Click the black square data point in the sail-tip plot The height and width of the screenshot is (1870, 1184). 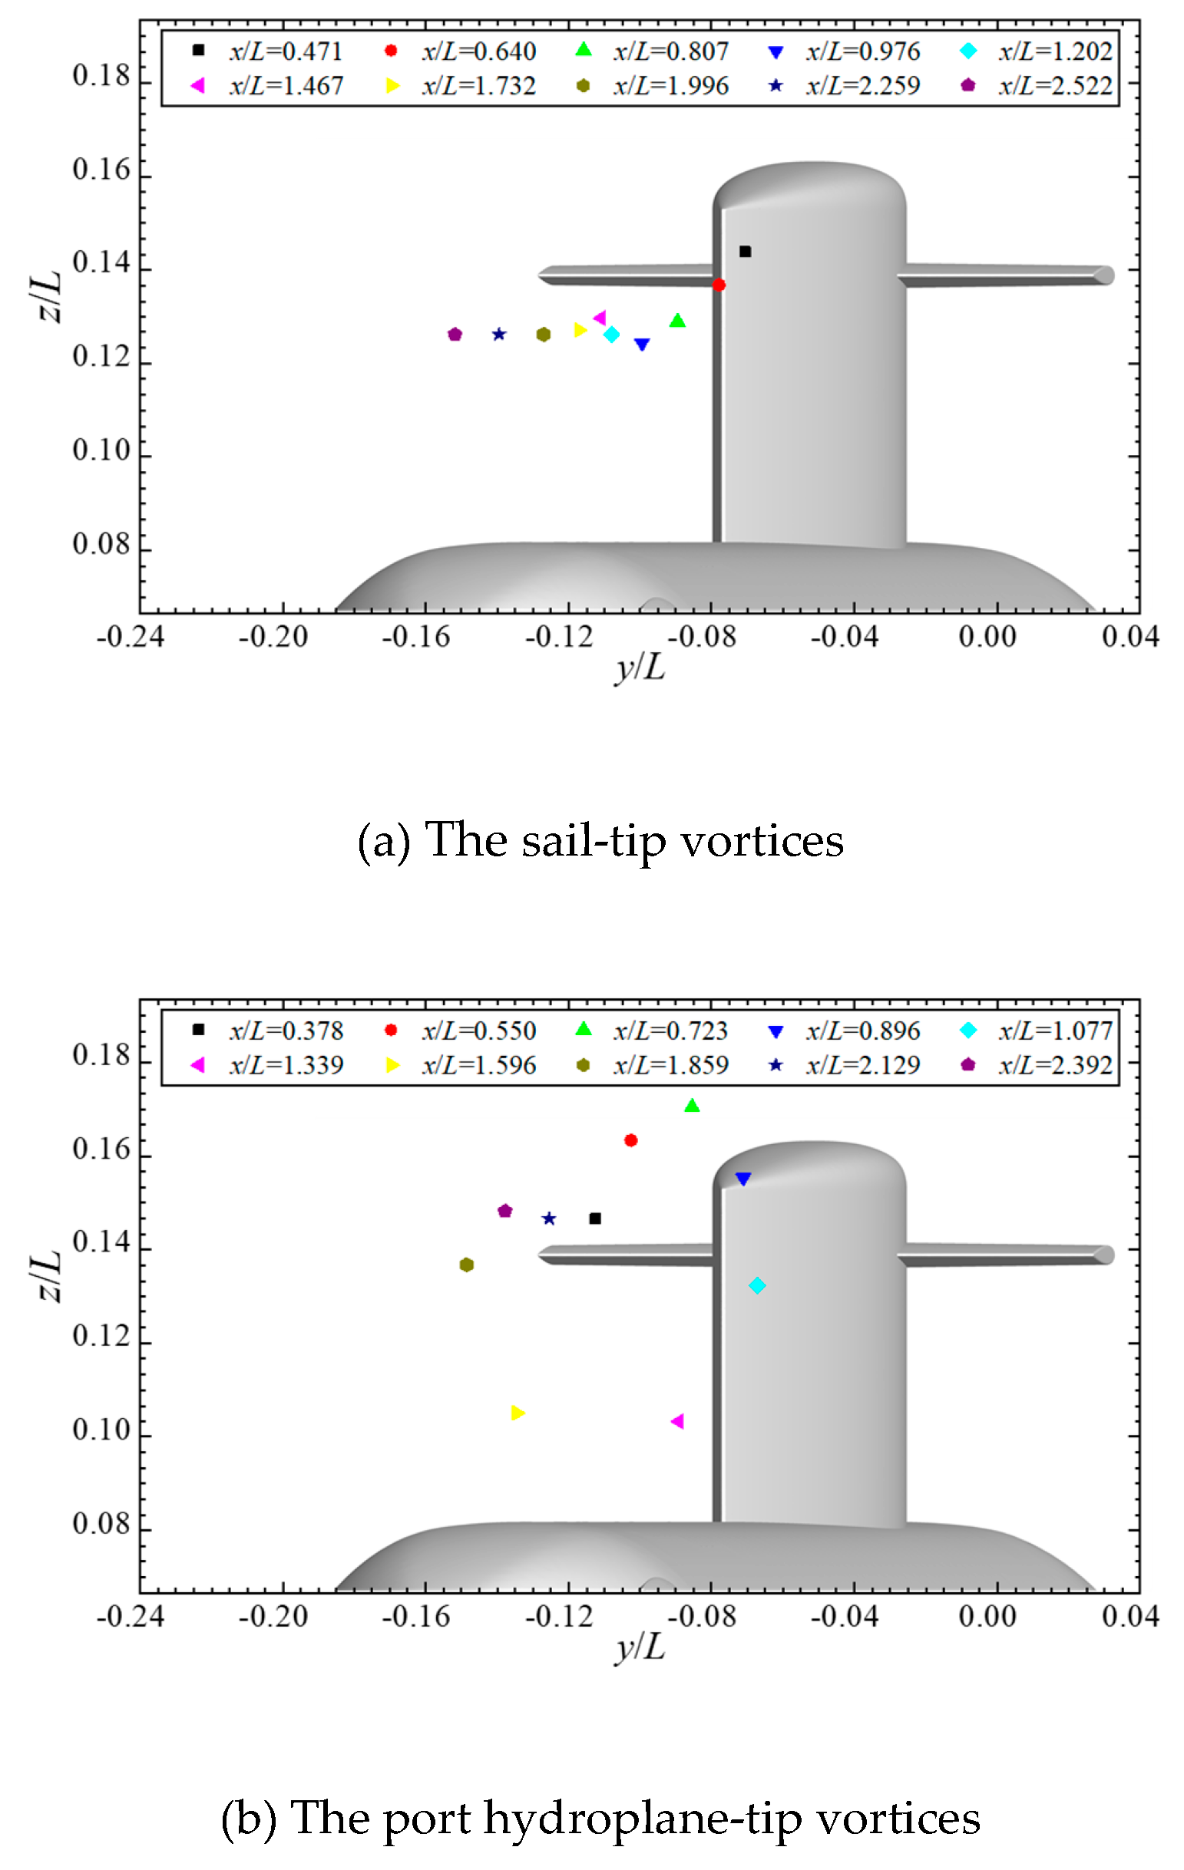tap(744, 251)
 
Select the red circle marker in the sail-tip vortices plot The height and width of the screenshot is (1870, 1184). tap(719, 285)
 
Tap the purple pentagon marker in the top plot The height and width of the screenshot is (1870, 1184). tap(455, 335)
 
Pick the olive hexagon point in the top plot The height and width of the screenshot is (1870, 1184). tap(543, 335)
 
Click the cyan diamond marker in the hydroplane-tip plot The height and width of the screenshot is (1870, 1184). tap(757, 1286)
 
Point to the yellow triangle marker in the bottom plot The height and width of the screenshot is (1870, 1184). tap(518, 1413)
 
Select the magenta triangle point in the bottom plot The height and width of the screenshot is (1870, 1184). tap(676, 1421)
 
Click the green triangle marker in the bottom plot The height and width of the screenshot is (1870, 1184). tap(692, 1106)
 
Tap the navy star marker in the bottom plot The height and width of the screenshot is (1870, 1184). tap(548, 1219)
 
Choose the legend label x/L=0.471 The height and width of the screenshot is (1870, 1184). tap(286, 51)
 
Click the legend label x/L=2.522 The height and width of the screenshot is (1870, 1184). tap(1055, 85)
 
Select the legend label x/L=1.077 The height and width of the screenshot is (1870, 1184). tap(1055, 1031)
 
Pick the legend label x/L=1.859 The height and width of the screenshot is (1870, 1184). tap(670, 1066)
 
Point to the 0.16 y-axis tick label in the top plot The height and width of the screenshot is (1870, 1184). tap(101, 170)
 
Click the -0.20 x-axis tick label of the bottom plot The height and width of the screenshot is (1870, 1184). tap(273, 1617)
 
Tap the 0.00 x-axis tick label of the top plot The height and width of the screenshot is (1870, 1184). tap(987, 637)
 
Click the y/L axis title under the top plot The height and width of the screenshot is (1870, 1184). tap(640, 666)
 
